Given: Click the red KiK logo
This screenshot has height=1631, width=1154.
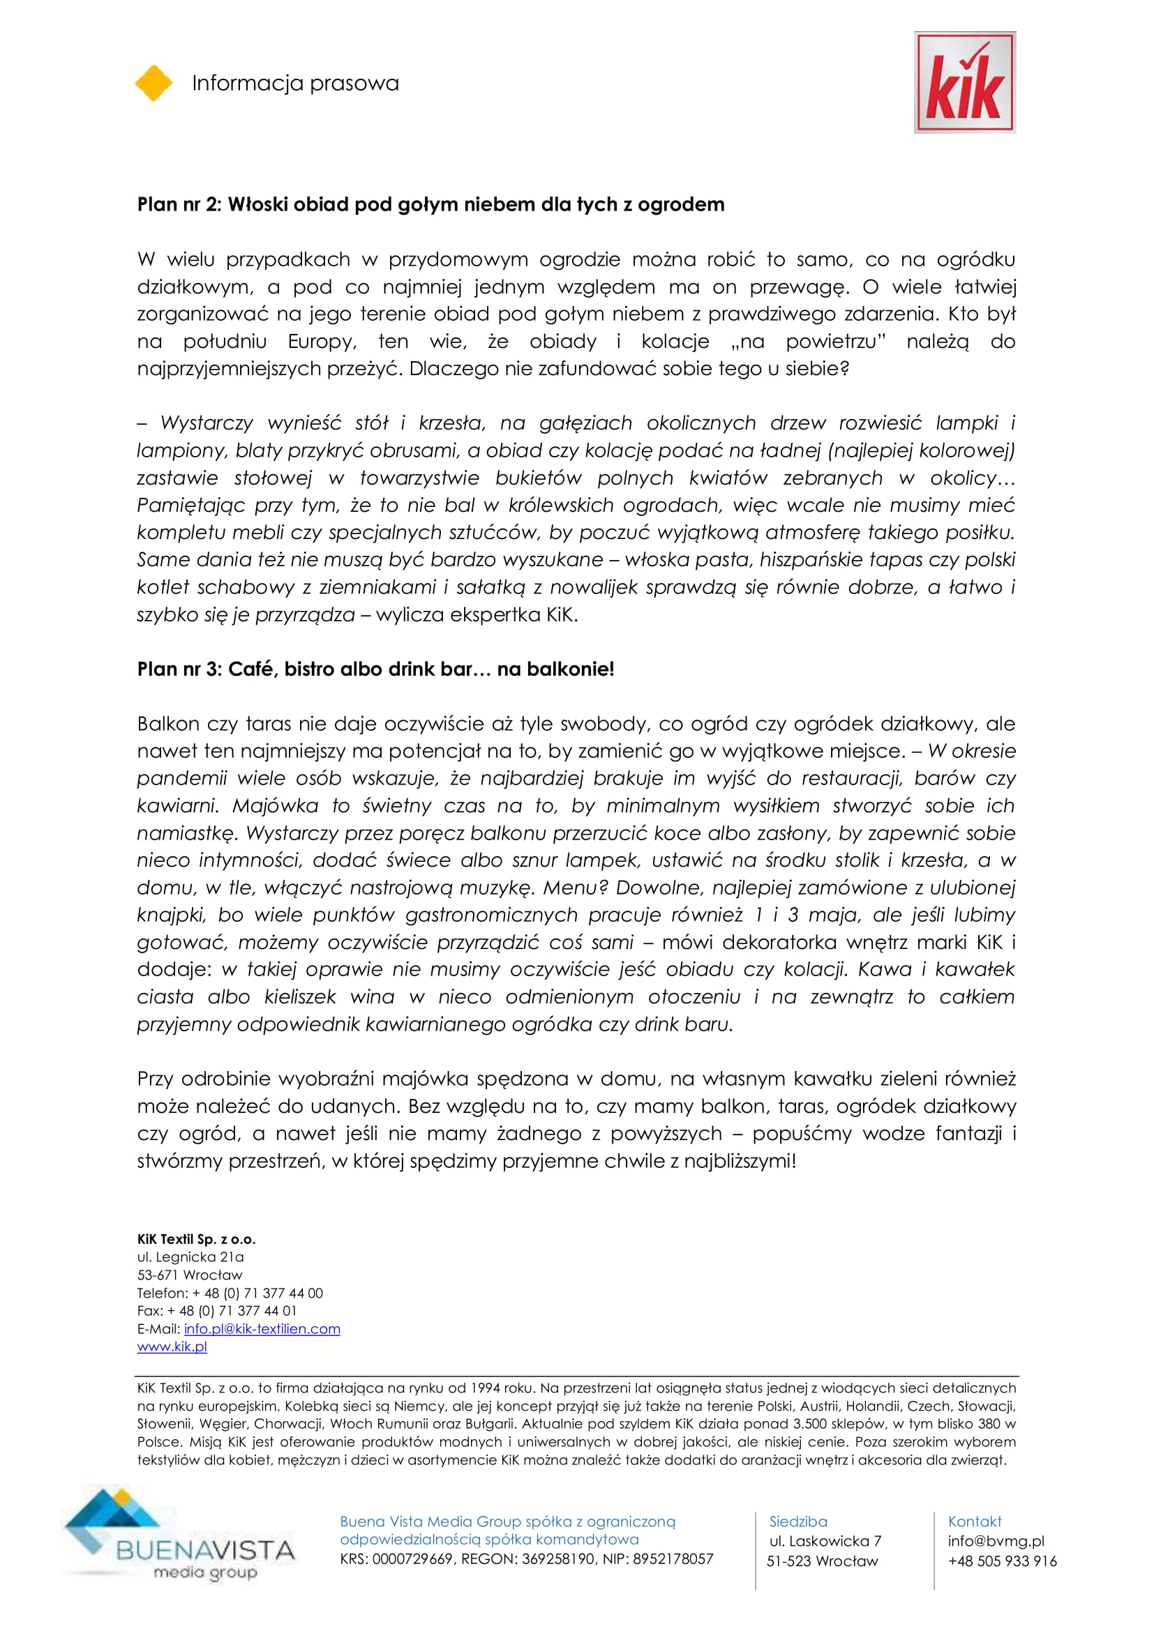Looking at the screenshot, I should pyautogui.click(x=964, y=82).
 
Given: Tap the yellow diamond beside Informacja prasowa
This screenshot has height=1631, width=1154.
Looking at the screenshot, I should pyautogui.click(x=153, y=83).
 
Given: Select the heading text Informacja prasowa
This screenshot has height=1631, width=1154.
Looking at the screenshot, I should pyautogui.click(x=295, y=83).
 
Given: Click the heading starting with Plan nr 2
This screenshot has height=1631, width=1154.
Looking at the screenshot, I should pyautogui.click(x=430, y=204).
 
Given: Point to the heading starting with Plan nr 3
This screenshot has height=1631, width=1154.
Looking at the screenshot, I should pyautogui.click(x=375, y=669).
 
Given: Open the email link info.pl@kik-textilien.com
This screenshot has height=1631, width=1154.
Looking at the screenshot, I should pyautogui.click(x=262, y=1328).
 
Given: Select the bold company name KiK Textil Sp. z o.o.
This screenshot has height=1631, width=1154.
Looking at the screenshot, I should pyautogui.click(x=196, y=1239).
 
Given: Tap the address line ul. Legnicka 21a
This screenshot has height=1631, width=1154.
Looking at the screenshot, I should pyautogui.click(x=190, y=1257).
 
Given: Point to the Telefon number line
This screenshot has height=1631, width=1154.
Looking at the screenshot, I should pyautogui.click(x=230, y=1293).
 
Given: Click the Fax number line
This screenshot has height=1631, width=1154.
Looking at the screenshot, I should pyautogui.click(x=217, y=1311).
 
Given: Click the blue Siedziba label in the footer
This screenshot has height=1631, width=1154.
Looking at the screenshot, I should pyautogui.click(x=798, y=1522).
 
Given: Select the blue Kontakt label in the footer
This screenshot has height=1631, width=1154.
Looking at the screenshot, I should pyautogui.click(x=974, y=1522).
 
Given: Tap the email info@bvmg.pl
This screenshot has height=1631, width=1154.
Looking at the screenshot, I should pyautogui.click(x=996, y=1541).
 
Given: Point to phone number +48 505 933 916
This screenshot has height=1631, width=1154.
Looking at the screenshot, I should pyautogui.click(x=1002, y=1561).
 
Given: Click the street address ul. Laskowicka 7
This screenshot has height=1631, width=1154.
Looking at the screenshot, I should pyautogui.click(x=825, y=1541).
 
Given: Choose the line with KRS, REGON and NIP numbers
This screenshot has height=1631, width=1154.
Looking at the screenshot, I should pyautogui.click(x=526, y=1558).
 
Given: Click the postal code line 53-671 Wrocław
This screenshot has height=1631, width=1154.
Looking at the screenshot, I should pyautogui.click(x=190, y=1275).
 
